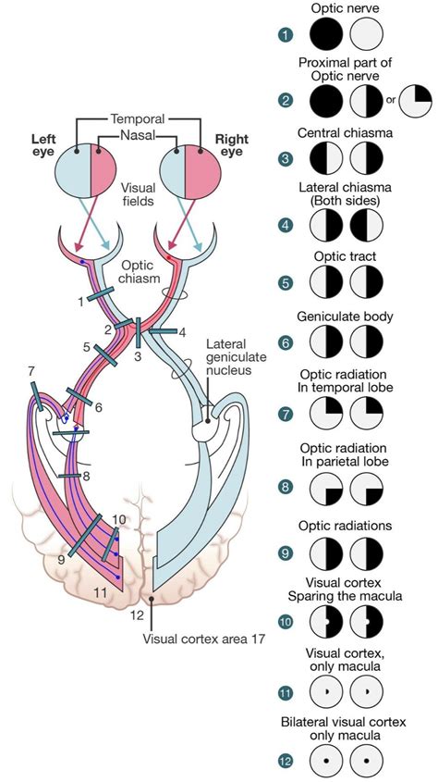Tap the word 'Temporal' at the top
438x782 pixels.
[x=138, y=119]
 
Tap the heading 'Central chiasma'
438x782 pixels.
[x=344, y=133]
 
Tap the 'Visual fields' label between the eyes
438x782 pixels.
[x=138, y=192]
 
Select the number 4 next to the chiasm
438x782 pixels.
[x=182, y=332]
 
